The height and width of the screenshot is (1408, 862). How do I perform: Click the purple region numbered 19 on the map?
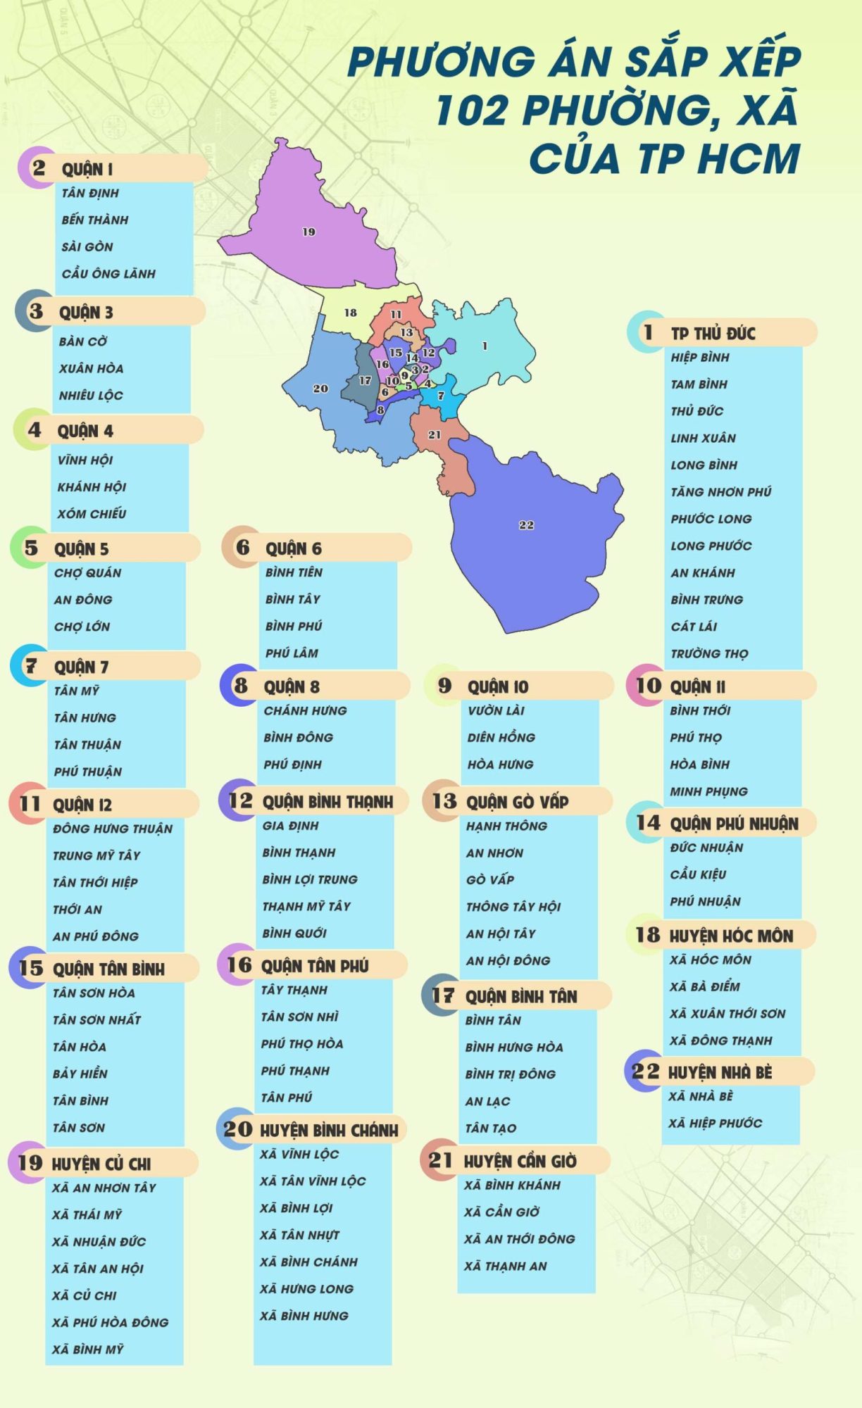coord(310,232)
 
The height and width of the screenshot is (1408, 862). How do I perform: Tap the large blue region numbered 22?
coord(526,525)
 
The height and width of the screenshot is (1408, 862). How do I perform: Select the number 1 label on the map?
coord(485,346)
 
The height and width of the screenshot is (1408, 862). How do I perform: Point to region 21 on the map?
coord(435,435)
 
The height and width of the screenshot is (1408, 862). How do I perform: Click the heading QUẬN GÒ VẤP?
coord(517,801)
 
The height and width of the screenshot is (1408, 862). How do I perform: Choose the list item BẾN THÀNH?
coord(95,220)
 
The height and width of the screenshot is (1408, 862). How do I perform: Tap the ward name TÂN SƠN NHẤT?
coord(97,1019)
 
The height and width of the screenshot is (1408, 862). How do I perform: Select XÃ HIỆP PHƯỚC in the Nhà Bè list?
coord(715,1123)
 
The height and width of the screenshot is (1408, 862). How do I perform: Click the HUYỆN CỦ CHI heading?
coord(101,1164)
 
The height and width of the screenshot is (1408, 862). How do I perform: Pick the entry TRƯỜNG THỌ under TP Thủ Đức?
coord(709,653)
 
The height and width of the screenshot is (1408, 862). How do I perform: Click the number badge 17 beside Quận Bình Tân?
coord(442,995)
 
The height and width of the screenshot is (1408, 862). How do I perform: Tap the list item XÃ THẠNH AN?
coord(506,1266)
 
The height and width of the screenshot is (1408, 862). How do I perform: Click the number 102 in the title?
coord(471,111)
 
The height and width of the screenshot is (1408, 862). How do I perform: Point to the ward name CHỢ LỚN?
coord(82,627)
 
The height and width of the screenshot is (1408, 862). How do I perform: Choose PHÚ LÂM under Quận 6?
coord(292,653)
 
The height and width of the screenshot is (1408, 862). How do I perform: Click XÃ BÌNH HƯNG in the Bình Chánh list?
coord(304,1316)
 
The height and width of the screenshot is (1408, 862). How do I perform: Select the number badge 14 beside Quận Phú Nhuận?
coord(648,822)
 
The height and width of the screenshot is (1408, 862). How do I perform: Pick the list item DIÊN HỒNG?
coord(501,737)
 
